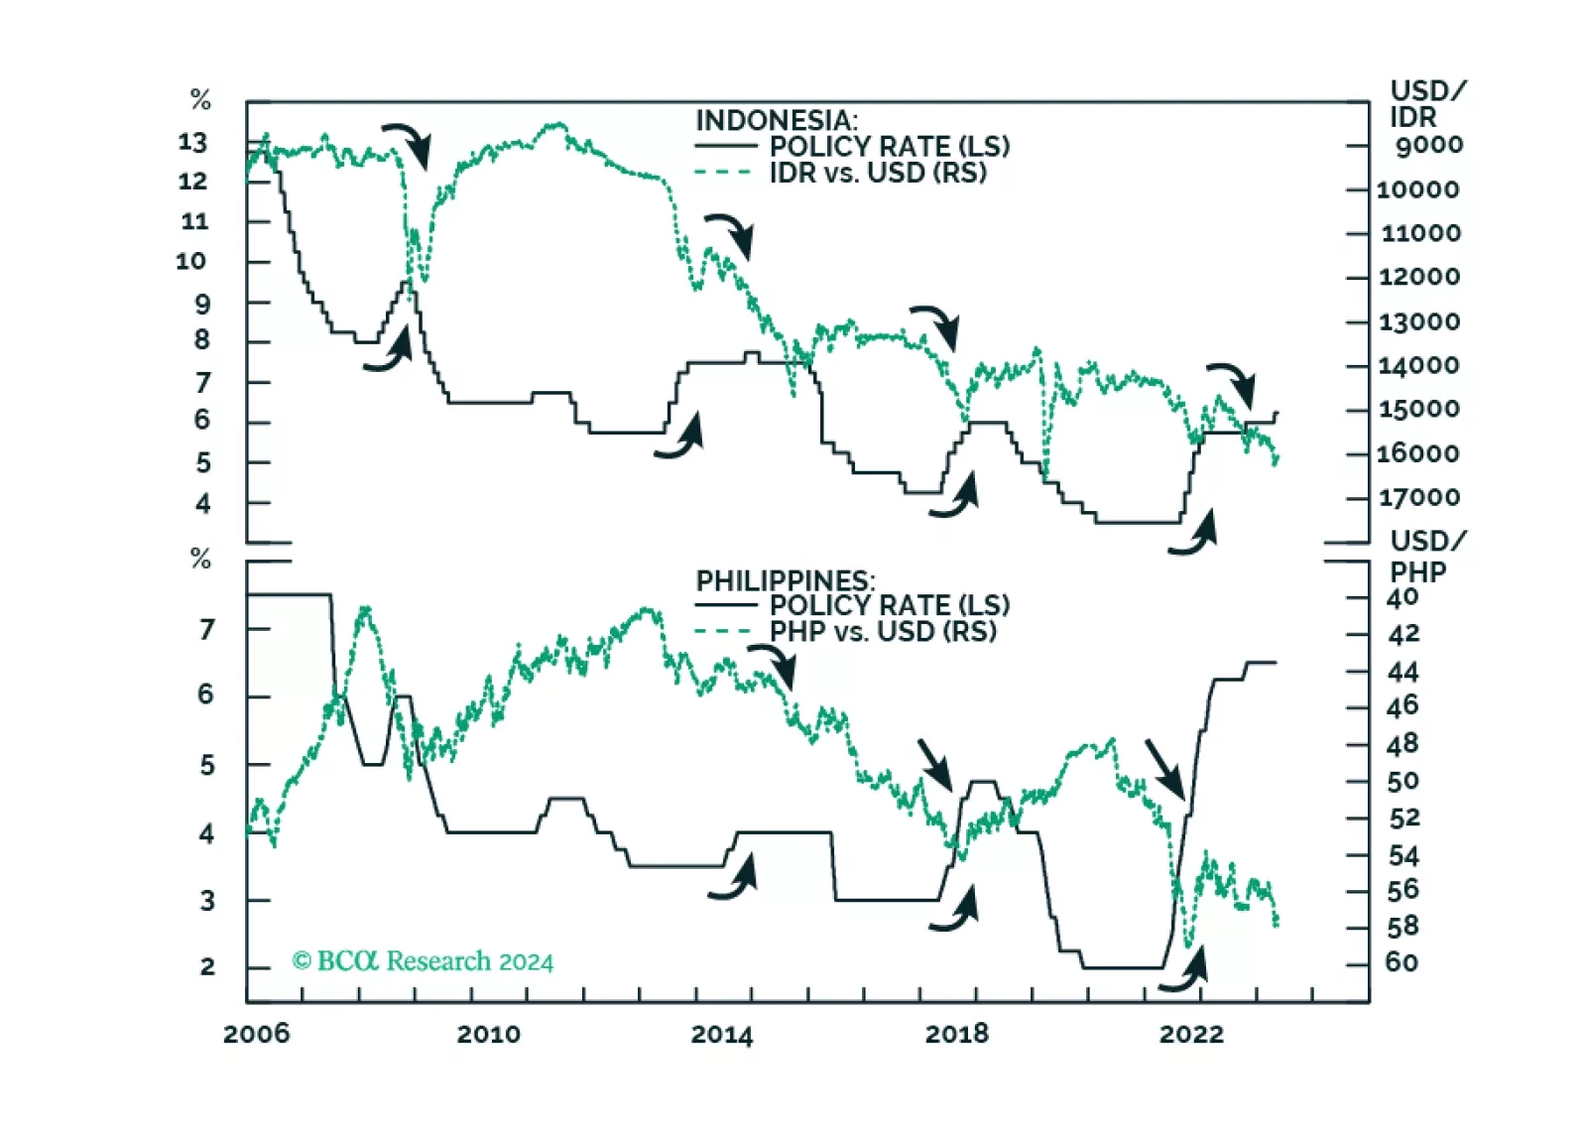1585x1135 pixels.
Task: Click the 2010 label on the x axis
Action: coord(488,1034)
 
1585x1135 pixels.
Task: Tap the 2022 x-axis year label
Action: coord(1190,1034)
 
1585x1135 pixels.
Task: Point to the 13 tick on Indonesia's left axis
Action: coord(192,143)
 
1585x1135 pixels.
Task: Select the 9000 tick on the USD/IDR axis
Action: coord(1428,145)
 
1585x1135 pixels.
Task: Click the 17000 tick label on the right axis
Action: coord(1418,497)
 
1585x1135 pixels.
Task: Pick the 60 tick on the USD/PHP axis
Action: coord(1402,962)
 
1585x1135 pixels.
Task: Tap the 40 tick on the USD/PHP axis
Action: coord(1402,598)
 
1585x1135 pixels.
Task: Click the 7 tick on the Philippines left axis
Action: coord(206,629)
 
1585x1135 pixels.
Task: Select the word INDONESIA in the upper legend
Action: coord(774,120)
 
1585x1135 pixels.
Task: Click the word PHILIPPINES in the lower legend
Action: coord(784,580)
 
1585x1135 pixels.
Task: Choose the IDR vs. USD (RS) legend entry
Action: coord(878,173)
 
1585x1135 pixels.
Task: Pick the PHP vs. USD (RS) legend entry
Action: coord(883,632)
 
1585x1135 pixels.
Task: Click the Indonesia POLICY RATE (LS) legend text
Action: coord(890,147)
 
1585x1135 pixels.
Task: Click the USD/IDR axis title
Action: coord(1426,104)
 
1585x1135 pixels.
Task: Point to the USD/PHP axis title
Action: coord(1426,557)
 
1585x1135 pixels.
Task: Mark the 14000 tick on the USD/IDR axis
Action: coord(1418,365)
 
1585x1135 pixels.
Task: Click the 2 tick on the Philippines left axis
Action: coord(206,967)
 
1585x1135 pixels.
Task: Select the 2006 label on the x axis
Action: coord(256,1034)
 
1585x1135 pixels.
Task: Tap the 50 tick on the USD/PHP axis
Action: coord(1402,782)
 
